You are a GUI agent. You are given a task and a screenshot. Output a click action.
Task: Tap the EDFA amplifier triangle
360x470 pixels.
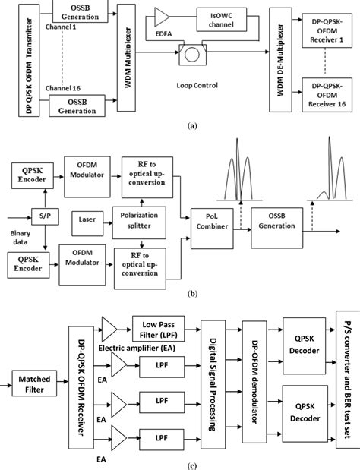[x=164, y=17]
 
